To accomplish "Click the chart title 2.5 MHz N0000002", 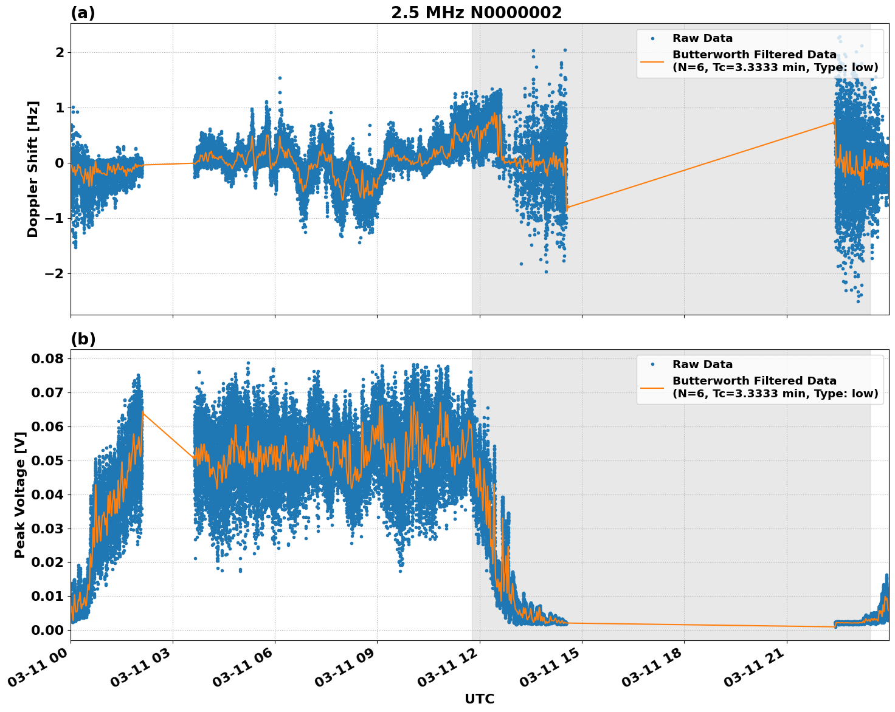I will point(476,13).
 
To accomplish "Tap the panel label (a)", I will point(83,13).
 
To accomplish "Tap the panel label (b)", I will point(83,339).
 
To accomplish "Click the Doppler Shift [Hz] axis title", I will point(33,169).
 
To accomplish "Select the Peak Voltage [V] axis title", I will point(20,495).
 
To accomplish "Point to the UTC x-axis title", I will point(479,699).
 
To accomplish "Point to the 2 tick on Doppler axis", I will point(60,53).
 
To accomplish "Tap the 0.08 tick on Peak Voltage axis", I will point(47,358).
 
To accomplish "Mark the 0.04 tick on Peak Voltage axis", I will point(47,495).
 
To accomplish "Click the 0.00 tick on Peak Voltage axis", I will point(47,630).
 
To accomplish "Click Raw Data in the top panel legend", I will point(702,38).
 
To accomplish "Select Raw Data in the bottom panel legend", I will point(702,365).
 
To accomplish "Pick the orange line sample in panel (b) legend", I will point(652,387).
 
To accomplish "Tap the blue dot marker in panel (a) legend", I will point(652,38).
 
